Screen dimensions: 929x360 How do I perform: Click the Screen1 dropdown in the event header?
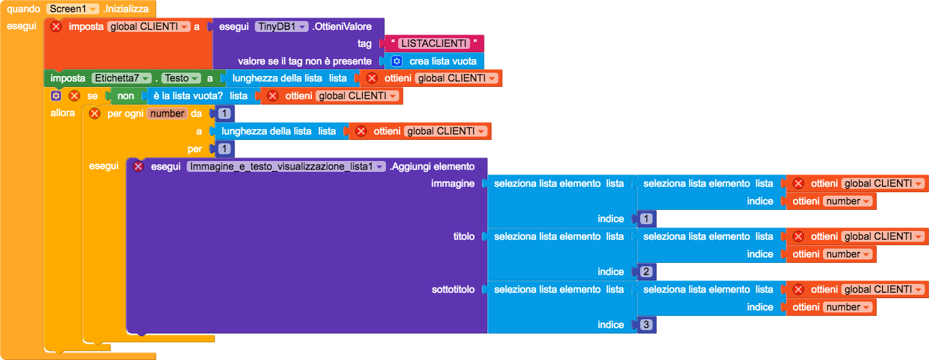point(73,9)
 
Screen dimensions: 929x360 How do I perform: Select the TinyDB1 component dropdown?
point(281,26)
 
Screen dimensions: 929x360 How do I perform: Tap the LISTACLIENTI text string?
point(434,43)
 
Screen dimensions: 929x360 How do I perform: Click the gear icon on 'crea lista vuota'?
point(396,61)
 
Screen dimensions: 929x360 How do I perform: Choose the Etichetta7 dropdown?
point(122,78)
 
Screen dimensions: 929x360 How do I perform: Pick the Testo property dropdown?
point(181,78)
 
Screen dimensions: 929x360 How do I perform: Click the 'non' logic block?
point(125,96)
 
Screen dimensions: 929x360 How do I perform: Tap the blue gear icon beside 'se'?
point(56,96)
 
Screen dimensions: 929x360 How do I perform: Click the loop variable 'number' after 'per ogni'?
point(167,113)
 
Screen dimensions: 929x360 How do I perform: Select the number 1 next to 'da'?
point(224,113)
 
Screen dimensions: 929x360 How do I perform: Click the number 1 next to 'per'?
point(224,149)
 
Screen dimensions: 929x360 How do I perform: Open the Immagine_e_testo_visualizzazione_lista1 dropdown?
point(286,166)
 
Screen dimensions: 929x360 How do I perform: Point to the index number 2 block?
point(646,272)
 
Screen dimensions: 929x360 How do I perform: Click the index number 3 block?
point(646,325)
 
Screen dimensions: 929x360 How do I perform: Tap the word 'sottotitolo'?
point(453,289)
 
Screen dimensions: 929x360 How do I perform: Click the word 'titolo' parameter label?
point(463,236)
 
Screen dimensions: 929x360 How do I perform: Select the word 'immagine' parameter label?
point(453,183)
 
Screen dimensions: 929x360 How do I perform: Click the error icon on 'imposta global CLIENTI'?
point(56,26)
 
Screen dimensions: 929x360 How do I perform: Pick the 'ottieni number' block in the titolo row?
point(831,254)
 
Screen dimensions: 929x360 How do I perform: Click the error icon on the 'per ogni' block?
point(94,113)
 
